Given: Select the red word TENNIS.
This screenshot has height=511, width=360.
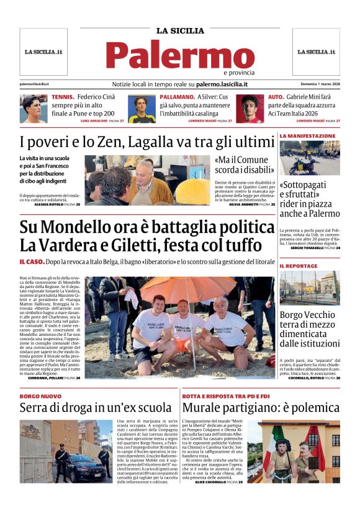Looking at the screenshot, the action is tap(63, 97).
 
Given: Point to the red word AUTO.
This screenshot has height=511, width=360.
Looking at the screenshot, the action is tap(276, 97).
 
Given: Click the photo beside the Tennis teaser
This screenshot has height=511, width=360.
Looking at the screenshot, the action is tap(34, 109).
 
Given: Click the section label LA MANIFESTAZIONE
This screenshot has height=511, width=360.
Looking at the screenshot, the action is tap(307, 135).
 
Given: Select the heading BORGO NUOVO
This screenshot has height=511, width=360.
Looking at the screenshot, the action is tap(40, 396).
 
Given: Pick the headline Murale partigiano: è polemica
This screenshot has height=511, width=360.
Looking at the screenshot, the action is tap(261, 408).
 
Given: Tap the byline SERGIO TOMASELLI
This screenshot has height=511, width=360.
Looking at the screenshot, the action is tap(307, 248).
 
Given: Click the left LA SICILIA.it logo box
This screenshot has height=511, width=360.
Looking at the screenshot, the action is tap(43, 52).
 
